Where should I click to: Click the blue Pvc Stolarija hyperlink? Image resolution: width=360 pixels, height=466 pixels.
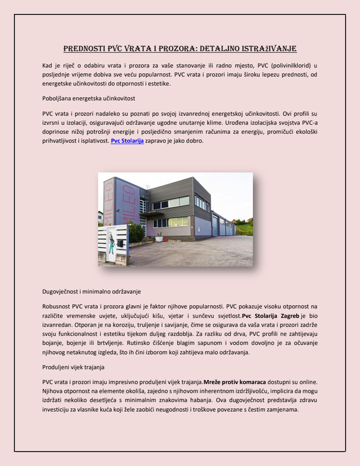(x=127, y=157)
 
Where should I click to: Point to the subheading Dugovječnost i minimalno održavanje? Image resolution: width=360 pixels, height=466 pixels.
(x=92, y=290)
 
